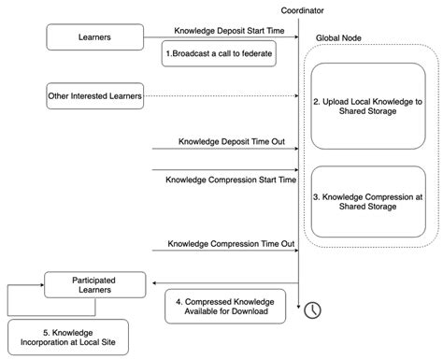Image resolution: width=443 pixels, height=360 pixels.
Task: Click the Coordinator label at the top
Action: pyautogui.click(x=298, y=10)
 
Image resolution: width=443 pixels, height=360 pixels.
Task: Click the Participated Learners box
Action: pyautogui.click(x=94, y=285)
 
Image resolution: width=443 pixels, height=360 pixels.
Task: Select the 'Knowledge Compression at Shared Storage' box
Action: pyautogui.click(x=367, y=200)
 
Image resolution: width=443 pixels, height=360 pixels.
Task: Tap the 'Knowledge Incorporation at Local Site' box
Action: pyautogui.click(x=66, y=337)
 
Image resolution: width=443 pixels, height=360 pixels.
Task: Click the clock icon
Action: pyautogui.click(x=311, y=309)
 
